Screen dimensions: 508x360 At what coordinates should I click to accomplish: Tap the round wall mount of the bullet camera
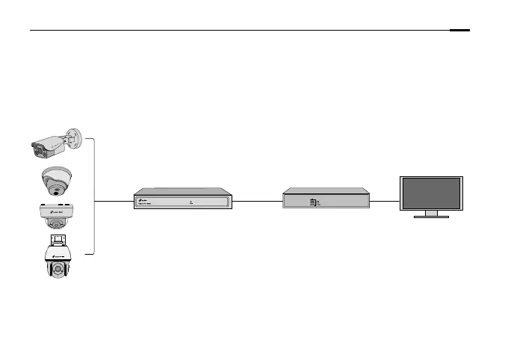(73, 138)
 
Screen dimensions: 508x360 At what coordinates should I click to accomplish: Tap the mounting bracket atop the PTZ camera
(57, 241)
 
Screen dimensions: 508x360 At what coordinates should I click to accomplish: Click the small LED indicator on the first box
(191, 201)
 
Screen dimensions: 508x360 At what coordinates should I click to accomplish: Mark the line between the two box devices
(258, 201)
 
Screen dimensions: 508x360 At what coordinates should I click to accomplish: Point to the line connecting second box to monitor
(385, 201)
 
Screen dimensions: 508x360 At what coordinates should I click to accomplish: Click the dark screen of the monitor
(431, 193)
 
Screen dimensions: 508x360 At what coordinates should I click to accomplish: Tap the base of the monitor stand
(431, 217)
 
